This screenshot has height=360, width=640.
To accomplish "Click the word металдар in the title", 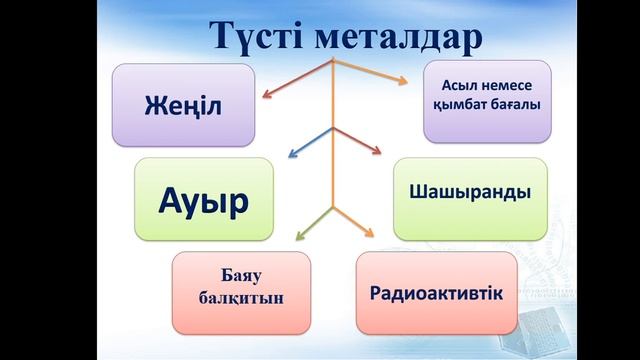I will coord(400,35).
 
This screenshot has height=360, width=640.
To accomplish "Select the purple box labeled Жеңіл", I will coord(183,104).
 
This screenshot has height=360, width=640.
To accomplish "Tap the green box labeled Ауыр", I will coord(203,198).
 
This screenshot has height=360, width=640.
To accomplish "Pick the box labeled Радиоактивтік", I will coord(436,293).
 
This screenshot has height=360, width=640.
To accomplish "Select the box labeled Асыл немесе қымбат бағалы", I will coord(487,101).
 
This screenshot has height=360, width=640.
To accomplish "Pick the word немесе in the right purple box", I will coord(508,90).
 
